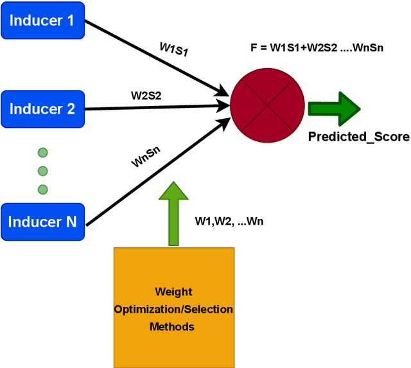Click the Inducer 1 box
tap(42, 21)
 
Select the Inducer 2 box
tap(42, 109)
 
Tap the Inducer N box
tap(42, 222)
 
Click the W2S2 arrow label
tap(146, 96)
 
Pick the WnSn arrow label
tap(146, 157)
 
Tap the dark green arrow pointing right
tap(334, 107)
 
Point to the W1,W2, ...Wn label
tap(229, 222)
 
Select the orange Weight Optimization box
tap(174, 308)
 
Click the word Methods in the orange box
tap(171, 326)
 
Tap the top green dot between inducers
tap(42, 153)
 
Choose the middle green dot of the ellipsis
tap(42, 171)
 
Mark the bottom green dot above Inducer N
tap(42, 189)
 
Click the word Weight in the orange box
tap(173, 292)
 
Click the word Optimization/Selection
tap(173, 310)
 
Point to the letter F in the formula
tap(253, 48)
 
